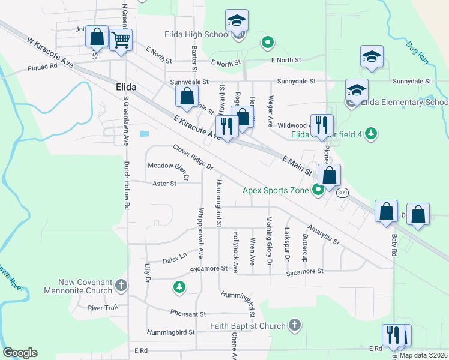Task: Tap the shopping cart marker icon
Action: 121,41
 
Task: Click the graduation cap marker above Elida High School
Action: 237,21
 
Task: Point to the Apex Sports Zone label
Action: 276,190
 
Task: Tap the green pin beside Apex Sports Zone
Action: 318,190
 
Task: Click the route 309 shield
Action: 342,193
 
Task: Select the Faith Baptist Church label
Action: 247,326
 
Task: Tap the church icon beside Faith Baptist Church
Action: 294,326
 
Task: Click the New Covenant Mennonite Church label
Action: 77,286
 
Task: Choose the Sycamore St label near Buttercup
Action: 304,271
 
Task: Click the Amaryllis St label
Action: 324,235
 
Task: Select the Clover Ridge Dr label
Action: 193,157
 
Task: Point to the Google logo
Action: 20,353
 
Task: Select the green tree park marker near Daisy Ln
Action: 179,287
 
